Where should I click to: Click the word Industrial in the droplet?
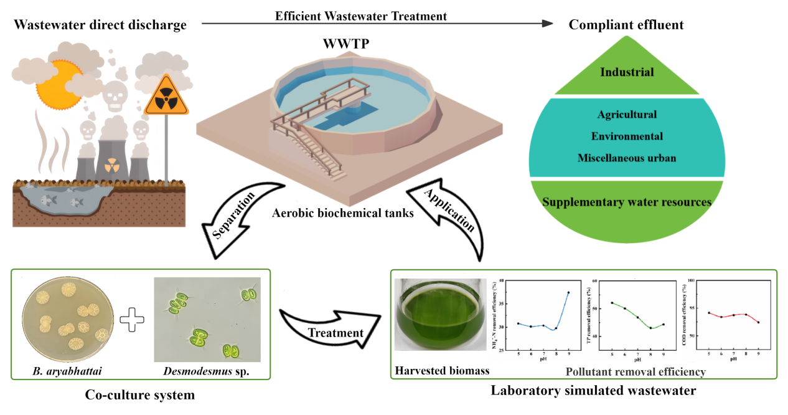[626, 72]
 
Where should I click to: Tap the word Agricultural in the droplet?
[626, 115]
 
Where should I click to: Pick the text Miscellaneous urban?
[626, 158]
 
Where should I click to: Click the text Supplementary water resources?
[626, 202]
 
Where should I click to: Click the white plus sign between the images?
[131, 320]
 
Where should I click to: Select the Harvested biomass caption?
[442, 371]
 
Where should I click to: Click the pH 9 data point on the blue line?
[568, 292]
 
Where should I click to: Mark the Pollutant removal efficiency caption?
[635, 372]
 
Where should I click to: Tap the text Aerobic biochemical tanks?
[335, 214]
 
